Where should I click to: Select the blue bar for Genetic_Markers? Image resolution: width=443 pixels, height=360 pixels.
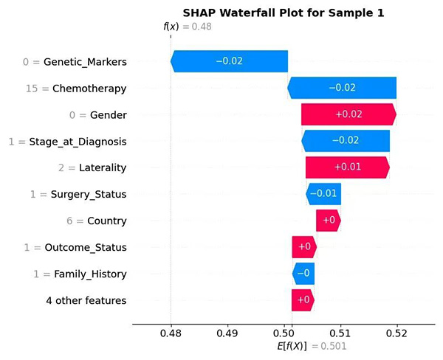coord(230,61)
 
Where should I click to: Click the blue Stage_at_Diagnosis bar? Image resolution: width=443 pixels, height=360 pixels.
coord(346,141)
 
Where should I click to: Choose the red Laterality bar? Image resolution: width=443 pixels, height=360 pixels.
coord(347,167)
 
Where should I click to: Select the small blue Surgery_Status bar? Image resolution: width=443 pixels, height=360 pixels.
coord(323,194)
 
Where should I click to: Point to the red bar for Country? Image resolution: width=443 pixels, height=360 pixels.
coord(329,221)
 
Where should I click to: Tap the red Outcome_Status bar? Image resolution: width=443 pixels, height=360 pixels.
coord(303,247)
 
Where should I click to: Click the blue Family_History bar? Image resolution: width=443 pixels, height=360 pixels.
coord(303,274)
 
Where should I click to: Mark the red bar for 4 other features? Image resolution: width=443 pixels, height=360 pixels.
coord(303,300)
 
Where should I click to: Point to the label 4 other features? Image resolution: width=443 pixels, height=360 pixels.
coord(86,300)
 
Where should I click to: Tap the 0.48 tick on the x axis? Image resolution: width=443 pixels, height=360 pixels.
coord(171,333)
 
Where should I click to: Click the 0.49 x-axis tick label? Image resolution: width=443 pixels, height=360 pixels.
coord(229,333)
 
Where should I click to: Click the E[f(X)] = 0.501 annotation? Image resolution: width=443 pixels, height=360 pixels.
coord(310,346)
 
